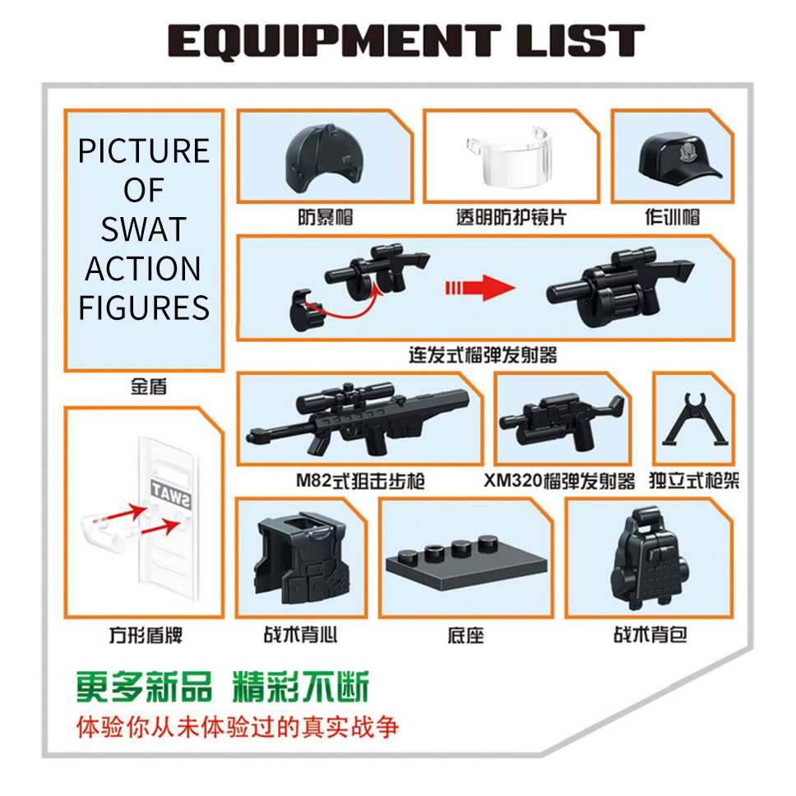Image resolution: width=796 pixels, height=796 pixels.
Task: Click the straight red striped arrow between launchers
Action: click(480, 289)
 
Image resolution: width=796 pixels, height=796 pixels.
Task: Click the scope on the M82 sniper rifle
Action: click(345, 396)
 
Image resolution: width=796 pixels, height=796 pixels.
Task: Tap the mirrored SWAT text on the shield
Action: click(171, 494)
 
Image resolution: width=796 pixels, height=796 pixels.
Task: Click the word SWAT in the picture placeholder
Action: click(144, 229)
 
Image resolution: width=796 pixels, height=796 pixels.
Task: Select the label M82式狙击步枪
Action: click(360, 481)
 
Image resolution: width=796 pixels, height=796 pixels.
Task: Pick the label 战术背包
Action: click(650, 635)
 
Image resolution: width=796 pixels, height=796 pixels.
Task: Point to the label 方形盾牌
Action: click(146, 635)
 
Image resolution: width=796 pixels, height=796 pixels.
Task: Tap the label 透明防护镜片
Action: click(511, 217)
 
